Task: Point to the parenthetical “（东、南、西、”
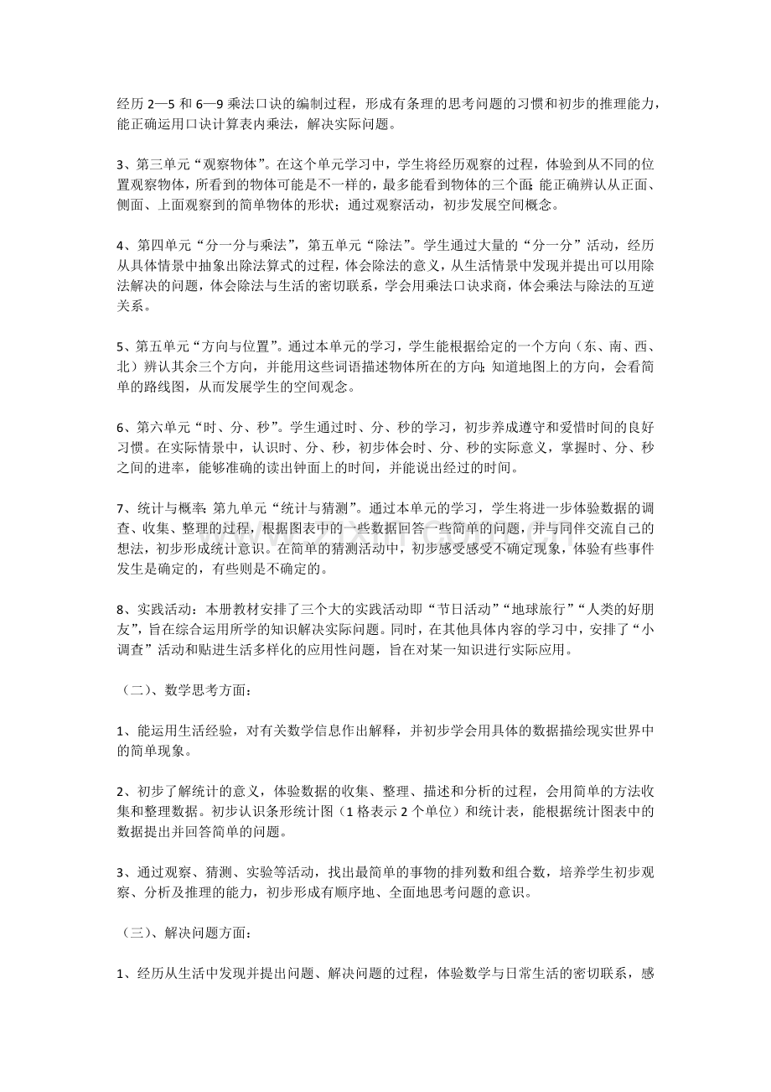(609, 346)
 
